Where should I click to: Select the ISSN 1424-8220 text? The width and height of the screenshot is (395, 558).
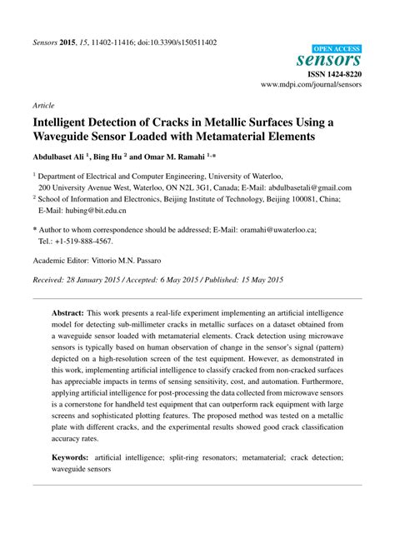332,73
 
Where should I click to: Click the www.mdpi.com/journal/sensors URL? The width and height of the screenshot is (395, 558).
312,85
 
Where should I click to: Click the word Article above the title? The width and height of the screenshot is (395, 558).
43,107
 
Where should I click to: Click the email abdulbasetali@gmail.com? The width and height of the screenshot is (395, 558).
307,188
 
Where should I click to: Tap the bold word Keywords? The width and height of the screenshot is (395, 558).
72,458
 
